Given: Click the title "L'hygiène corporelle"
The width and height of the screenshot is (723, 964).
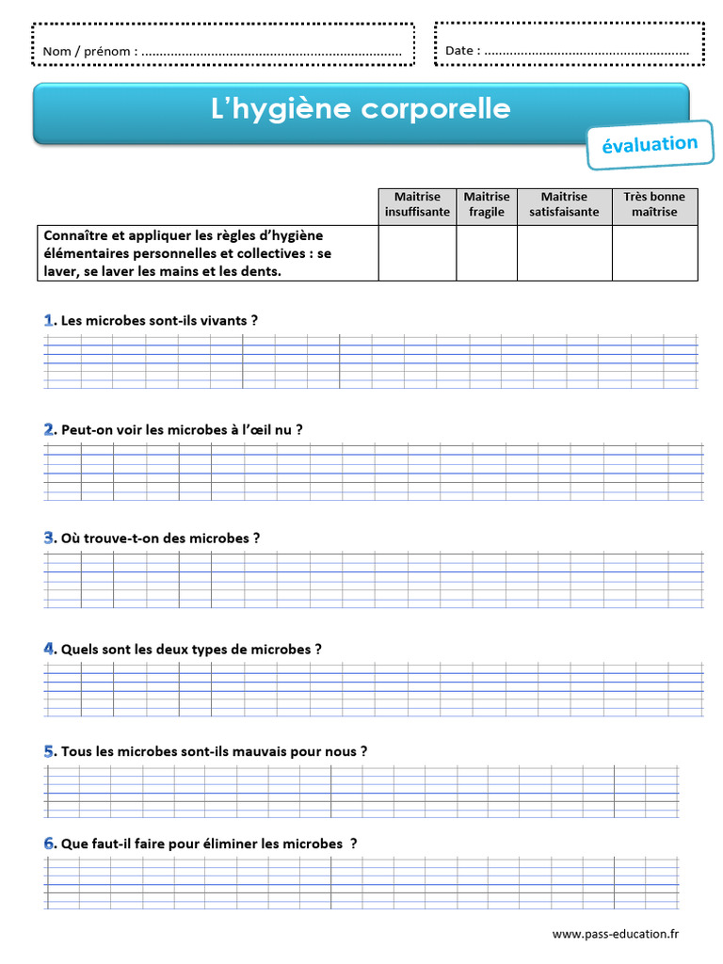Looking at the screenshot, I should click(x=361, y=109).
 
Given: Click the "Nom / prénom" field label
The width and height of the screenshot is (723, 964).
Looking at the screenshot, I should click(x=90, y=51).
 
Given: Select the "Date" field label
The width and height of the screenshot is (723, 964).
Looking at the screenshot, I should click(x=462, y=51).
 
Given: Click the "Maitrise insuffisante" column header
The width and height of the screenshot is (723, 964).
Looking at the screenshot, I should click(x=417, y=204).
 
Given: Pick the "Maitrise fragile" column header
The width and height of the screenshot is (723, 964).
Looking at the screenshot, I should click(x=487, y=204).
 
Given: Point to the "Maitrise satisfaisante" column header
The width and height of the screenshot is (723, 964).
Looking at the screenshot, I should click(x=564, y=204).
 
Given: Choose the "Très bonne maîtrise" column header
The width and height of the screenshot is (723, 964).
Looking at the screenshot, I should click(x=654, y=204).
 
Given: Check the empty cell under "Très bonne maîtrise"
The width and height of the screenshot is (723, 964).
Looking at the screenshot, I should click(x=654, y=252).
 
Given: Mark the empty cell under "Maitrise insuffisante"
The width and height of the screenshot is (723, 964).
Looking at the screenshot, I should click(x=417, y=252).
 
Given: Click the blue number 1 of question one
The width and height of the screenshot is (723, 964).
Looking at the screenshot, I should click(x=48, y=320).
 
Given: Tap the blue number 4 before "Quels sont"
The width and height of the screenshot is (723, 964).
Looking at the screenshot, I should click(x=49, y=649).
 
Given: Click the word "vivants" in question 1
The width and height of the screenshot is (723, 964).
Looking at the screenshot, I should click(x=225, y=320).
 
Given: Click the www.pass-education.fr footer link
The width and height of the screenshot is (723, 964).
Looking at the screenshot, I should click(x=615, y=934).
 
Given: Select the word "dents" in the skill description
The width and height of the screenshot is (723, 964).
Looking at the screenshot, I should click(x=261, y=271).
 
